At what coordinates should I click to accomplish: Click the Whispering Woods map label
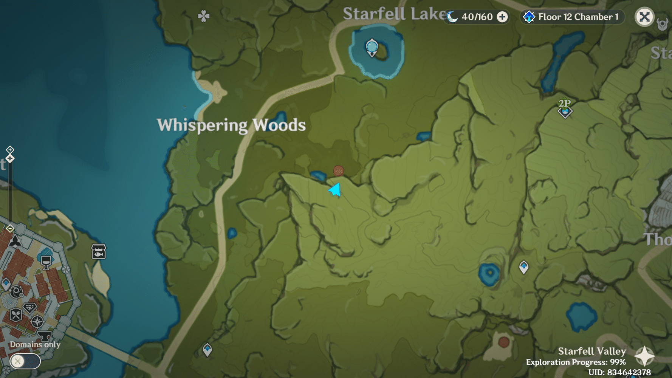pyautogui.click(x=231, y=125)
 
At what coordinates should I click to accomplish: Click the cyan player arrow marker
pyautogui.click(x=335, y=190)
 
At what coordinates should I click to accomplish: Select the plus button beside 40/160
pyautogui.click(x=502, y=17)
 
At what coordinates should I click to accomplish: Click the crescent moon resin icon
pyautogui.click(x=452, y=17)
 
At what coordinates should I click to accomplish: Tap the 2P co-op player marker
pyautogui.click(x=565, y=108)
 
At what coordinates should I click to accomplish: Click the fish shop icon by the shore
pyautogui.click(x=99, y=251)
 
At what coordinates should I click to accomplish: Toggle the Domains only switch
pyautogui.click(x=25, y=361)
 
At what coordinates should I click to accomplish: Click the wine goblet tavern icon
pyautogui.click(x=46, y=262)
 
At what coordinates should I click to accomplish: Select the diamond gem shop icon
pyautogui.click(x=30, y=308)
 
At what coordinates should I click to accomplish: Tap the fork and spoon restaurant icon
pyautogui.click(x=15, y=314)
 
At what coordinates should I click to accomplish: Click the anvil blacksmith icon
pyautogui.click(x=44, y=336)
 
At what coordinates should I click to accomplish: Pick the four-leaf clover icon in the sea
pyautogui.click(x=203, y=16)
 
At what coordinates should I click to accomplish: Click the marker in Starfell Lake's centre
pyautogui.click(x=372, y=48)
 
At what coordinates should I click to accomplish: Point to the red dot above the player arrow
pyautogui.click(x=338, y=171)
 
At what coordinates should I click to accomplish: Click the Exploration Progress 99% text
pyautogui.click(x=576, y=362)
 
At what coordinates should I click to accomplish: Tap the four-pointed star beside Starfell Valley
pyautogui.click(x=644, y=356)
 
